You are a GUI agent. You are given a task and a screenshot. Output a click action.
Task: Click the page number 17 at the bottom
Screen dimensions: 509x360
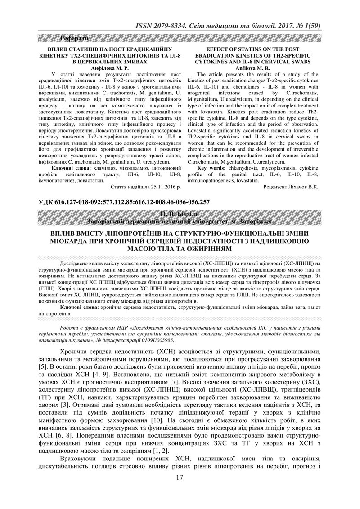point(180,490)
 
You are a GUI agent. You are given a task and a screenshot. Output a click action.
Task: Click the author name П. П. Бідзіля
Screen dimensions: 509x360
point(180,214)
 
